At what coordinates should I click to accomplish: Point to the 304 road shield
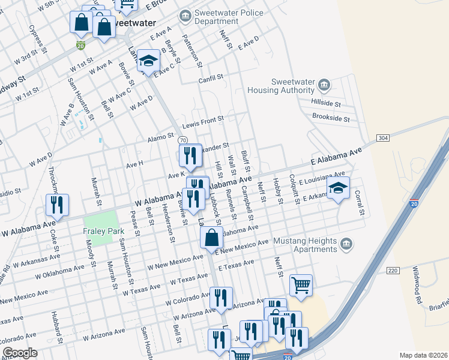384,138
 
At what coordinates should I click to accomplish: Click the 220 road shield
393,271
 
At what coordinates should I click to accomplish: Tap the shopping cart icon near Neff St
301,286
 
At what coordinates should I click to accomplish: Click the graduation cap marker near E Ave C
148,61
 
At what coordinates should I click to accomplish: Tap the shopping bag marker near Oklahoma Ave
212,237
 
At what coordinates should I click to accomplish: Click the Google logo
20,353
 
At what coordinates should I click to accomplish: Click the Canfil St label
211,77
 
